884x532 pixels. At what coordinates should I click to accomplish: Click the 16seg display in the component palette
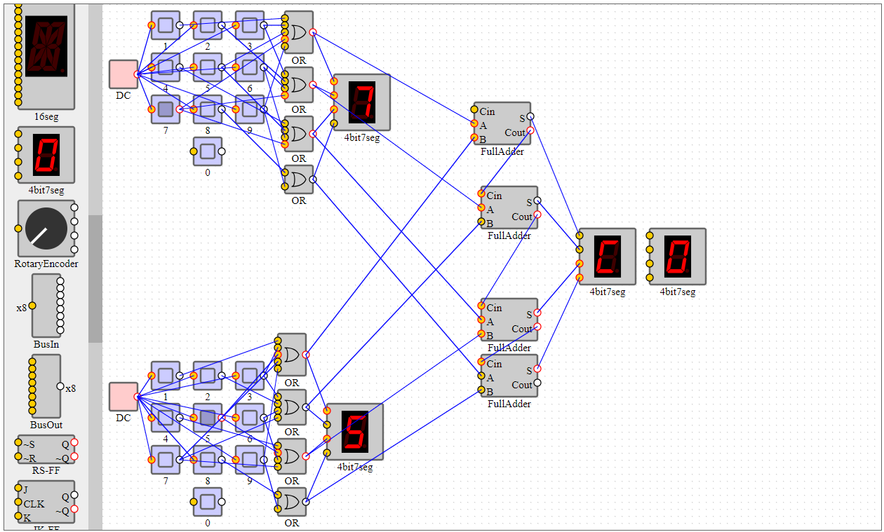point(46,49)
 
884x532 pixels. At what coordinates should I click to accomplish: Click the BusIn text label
point(46,344)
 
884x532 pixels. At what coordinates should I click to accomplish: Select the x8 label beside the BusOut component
point(71,388)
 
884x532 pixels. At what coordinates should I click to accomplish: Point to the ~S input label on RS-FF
point(28,444)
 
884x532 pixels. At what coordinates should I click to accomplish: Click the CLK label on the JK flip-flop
point(34,503)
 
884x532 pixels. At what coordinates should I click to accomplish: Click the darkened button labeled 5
point(207,418)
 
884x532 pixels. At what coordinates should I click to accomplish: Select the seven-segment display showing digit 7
point(362,102)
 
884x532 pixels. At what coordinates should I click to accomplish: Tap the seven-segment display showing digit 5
point(355,431)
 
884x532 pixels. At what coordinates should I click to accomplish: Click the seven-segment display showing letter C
point(608,256)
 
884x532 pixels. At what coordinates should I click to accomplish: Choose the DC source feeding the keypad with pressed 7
point(123,74)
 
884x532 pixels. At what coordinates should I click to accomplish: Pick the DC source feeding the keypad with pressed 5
point(123,397)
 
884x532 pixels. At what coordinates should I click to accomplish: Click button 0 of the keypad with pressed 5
point(207,502)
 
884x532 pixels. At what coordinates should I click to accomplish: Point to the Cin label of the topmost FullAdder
point(488,111)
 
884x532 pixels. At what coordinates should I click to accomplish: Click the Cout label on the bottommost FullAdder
point(522,385)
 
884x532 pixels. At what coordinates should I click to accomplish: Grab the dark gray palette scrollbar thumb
point(95,279)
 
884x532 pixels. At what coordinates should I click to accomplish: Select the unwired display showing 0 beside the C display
point(678,256)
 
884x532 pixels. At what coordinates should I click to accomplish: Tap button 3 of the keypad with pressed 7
point(249,25)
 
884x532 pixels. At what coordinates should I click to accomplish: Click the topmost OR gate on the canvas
point(298,32)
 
